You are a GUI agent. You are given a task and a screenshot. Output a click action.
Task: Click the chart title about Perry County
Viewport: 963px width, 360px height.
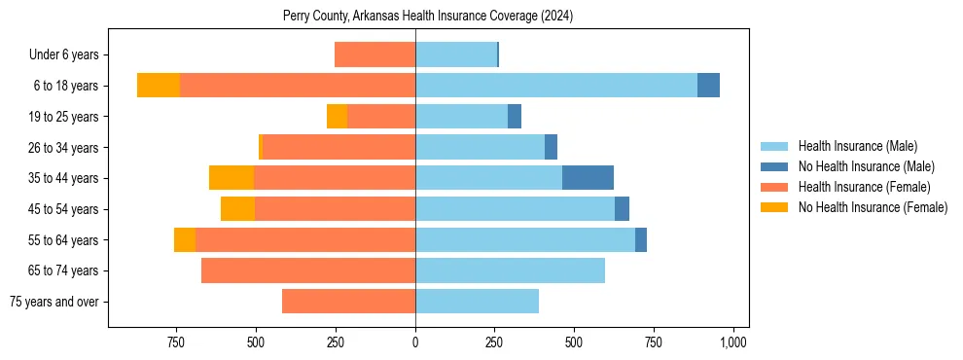[x=429, y=17]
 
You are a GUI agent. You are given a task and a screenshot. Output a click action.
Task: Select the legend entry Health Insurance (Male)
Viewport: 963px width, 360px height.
[x=857, y=147]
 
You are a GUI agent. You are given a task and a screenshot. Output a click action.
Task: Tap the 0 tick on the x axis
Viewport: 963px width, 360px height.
[x=415, y=343]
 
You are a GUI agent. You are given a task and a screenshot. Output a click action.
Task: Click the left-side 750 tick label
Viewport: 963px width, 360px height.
[x=176, y=343]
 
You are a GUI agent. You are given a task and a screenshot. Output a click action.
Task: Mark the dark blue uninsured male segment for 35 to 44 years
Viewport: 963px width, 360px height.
[x=588, y=178]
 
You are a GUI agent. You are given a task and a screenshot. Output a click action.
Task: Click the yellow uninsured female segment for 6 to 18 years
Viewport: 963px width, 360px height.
[x=159, y=86]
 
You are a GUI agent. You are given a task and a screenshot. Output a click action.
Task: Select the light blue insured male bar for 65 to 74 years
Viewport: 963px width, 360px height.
[x=510, y=270]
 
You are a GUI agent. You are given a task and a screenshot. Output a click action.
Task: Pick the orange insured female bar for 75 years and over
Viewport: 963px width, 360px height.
[x=348, y=302]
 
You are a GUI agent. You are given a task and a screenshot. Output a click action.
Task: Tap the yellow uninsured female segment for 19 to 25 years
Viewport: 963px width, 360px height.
[x=337, y=117]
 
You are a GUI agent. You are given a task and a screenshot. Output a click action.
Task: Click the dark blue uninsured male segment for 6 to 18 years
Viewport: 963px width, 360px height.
[x=708, y=86]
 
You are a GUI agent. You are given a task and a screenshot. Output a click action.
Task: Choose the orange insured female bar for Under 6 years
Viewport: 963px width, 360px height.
[x=374, y=55]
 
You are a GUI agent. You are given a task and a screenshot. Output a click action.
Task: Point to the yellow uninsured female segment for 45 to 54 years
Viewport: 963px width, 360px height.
[x=237, y=209]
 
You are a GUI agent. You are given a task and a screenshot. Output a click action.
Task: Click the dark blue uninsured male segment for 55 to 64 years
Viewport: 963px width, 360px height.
[x=641, y=240]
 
